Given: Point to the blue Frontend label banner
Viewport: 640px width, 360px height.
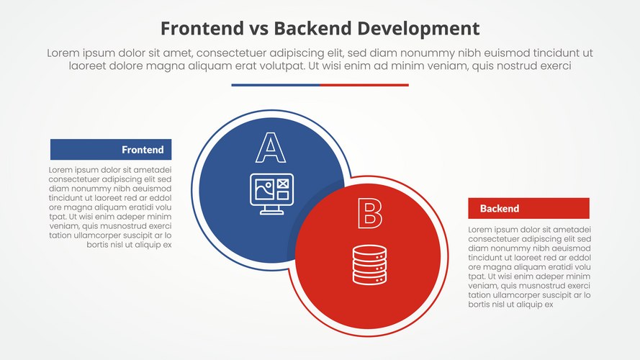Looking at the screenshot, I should coord(111,150).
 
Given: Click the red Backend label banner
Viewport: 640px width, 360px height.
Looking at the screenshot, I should coord(528,209).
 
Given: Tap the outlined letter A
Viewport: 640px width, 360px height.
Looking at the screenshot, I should coord(271,148).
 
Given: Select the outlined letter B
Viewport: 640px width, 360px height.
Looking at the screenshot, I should coord(369,214).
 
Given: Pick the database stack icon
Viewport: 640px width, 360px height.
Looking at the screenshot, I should coord(369,264).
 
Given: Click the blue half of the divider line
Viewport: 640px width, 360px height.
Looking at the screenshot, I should coord(276,85).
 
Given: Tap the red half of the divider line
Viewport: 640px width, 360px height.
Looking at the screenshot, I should coord(364,85).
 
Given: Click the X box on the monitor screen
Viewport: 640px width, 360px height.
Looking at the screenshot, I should coord(282,185).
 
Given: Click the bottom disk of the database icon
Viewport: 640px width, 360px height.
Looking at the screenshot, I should coord(369,276).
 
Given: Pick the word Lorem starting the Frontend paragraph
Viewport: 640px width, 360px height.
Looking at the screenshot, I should coord(61,170).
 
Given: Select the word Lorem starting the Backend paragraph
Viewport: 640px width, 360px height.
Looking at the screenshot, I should coord(480,230).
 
